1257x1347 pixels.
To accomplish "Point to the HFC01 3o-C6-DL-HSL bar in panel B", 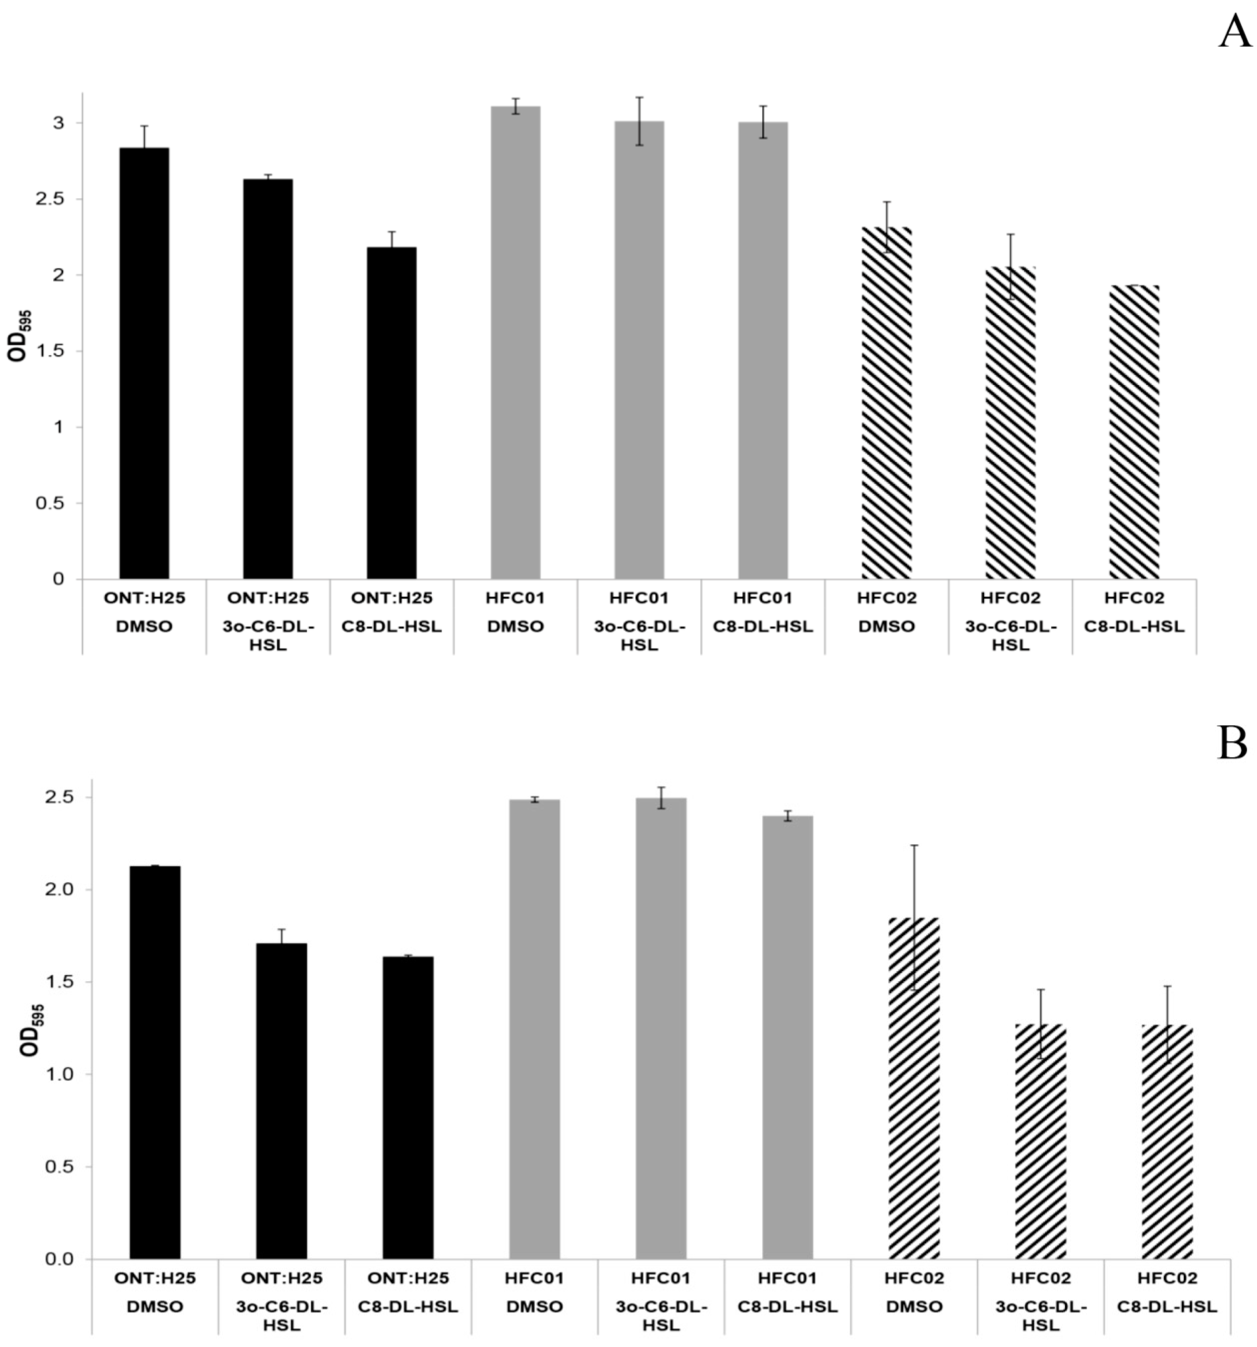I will pyautogui.click(x=661, y=1029).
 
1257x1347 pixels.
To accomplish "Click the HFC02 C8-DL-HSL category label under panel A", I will pyautogui.click(x=1134, y=612).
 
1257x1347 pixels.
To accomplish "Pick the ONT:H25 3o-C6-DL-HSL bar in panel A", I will pyautogui.click(x=268, y=379).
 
